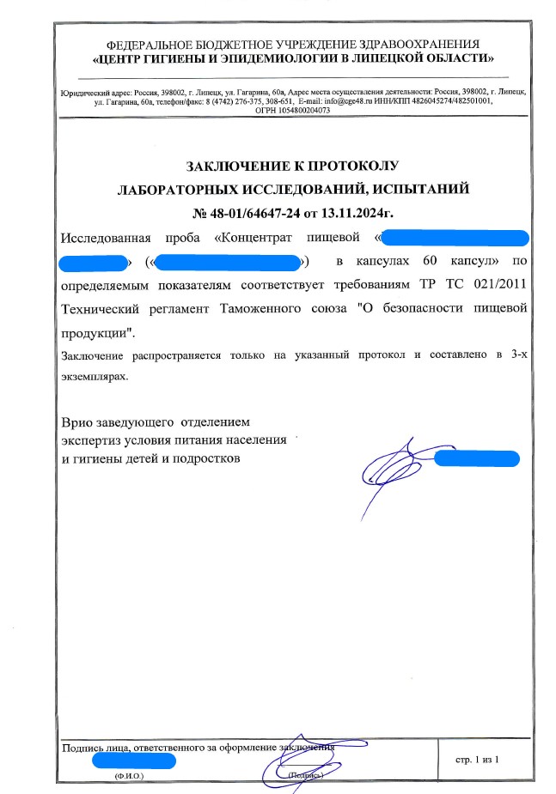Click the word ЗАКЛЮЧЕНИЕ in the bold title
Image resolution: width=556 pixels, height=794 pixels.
pos(229,167)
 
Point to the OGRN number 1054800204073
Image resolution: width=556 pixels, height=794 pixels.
pos(299,111)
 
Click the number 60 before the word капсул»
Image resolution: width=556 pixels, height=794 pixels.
pos(431,259)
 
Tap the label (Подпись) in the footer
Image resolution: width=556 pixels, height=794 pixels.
pos(306,775)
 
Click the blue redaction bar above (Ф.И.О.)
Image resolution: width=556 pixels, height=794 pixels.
pos(133,761)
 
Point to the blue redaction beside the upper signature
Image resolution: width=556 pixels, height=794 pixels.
pos(477,458)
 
